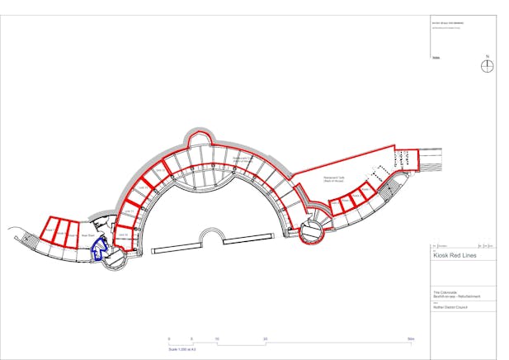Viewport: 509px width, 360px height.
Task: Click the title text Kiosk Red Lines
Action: (x=455, y=256)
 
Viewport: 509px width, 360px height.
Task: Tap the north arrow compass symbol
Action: (x=488, y=67)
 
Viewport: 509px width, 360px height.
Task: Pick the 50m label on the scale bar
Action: (x=410, y=339)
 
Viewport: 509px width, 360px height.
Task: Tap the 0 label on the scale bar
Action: (x=169, y=339)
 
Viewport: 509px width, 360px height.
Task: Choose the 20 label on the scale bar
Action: (x=265, y=339)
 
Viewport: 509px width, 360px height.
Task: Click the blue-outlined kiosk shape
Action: (x=100, y=249)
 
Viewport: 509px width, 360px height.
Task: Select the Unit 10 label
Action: (x=123, y=235)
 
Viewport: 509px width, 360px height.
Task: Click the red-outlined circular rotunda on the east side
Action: (x=313, y=232)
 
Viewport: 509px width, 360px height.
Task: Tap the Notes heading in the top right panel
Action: (x=436, y=58)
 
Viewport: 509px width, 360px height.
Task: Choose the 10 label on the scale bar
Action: (x=217, y=339)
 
